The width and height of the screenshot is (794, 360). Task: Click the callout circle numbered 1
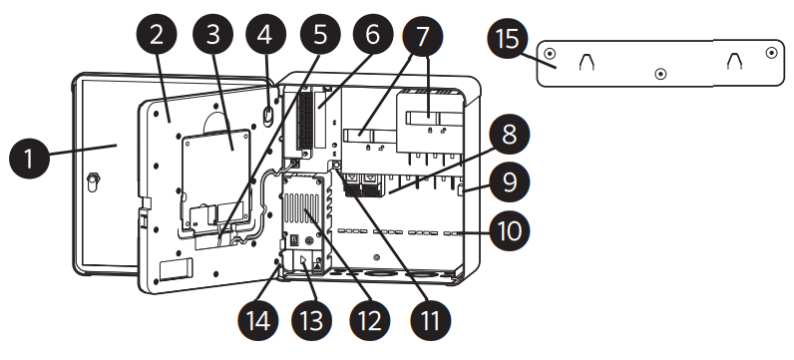tap(30, 158)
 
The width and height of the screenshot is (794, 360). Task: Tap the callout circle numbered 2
tap(157, 35)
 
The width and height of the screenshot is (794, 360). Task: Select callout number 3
tap(213, 35)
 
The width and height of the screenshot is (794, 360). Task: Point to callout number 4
tap(266, 35)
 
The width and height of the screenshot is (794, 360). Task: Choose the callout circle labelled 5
tap(321, 35)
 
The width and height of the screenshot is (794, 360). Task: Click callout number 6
tap(373, 35)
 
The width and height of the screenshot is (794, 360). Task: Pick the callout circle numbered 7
tap(422, 36)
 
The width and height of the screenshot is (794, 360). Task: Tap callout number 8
tap(510, 135)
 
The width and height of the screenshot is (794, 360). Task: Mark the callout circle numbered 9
tap(510, 181)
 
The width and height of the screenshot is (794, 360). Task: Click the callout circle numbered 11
tap(430, 320)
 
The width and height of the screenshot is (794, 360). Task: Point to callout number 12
tap(370, 320)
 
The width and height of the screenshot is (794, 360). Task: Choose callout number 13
tap(312, 320)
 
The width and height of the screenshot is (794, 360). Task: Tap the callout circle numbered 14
tap(258, 320)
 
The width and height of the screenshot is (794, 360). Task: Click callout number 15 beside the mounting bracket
tap(508, 39)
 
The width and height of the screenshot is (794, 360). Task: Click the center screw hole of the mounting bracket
tap(660, 74)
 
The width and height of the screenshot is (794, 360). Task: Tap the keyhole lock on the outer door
tap(92, 181)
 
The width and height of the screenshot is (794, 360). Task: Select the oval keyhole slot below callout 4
tap(268, 115)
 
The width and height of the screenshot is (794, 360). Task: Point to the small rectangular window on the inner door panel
tap(177, 269)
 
